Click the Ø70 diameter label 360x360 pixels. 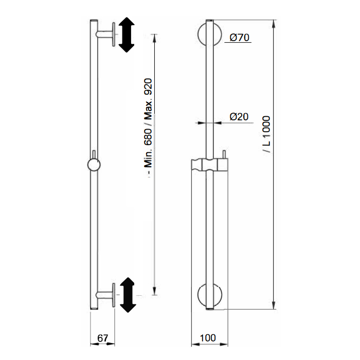tap(239, 38)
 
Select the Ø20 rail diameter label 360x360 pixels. tap(239, 117)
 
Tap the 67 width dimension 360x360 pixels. tap(102, 338)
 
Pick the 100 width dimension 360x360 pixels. tap(208, 338)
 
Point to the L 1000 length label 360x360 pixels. tap(266, 134)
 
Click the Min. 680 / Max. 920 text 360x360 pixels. tap(148, 126)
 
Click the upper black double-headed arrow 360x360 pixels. tap(127, 34)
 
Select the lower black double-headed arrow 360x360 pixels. tap(128, 295)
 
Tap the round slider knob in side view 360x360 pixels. tap(94, 165)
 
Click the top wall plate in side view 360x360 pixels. tap(114, 34)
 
